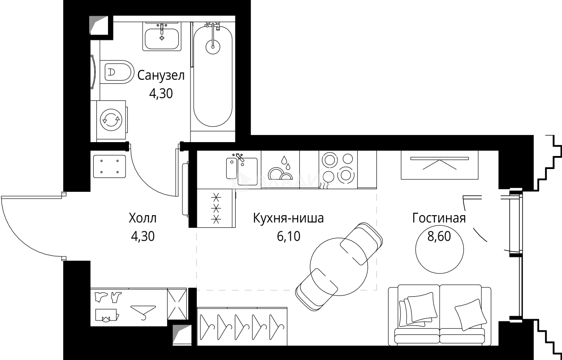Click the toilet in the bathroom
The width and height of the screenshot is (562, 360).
[x=117, y=71]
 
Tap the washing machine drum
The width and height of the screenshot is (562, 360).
[x=111, y=120]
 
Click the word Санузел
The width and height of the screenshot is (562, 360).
[x=161, y=75]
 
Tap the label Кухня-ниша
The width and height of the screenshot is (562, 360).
[x=288, y=219]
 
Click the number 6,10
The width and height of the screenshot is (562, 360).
[x=288, y=236]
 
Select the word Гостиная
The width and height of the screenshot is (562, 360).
[x=439, y=218]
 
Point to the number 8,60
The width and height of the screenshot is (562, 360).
[x=439, y=236]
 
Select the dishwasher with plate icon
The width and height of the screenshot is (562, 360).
[x=280, y=169]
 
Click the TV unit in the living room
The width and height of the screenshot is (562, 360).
[x=439, y=165]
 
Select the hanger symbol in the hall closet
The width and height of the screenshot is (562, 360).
[x=143, y=311]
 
